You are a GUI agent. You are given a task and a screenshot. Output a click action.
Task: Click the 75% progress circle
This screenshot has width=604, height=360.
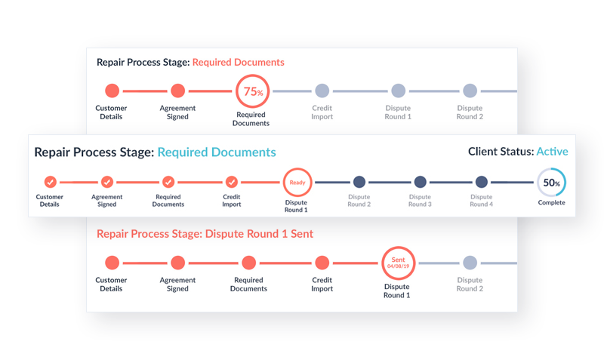(x=253, y=92)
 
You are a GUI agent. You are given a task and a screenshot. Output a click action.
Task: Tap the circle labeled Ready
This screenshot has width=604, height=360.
(x=297, y=182)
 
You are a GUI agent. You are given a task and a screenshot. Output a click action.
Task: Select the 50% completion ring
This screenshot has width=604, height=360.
(x=551, y=182)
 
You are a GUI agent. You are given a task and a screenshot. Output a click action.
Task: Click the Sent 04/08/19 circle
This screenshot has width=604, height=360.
(x=397, y=263)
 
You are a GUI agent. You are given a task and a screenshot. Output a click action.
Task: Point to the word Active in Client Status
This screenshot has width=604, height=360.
(x=552, y=152)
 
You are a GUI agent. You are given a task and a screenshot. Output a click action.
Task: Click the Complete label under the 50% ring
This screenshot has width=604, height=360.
(x=551, y=202)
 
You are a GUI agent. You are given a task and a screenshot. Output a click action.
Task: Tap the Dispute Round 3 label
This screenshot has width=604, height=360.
(x=420, y=201)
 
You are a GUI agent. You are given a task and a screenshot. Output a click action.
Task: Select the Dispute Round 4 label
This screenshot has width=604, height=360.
(x=481, y=201)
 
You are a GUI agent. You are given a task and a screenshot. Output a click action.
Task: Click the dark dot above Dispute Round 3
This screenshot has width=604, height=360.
(x=420, y=182)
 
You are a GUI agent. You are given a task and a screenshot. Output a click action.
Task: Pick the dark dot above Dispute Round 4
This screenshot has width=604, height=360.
(x=482, y=182)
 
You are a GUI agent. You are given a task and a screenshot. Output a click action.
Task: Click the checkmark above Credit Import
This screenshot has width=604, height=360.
(x=232, y=182)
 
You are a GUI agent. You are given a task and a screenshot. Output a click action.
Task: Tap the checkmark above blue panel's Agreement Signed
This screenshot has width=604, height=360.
(x=107, y=182)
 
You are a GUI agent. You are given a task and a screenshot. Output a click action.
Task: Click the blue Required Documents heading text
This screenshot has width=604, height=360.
(x=216, y=152)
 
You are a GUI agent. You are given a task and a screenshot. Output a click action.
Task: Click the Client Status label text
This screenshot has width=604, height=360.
(x=501, y=152)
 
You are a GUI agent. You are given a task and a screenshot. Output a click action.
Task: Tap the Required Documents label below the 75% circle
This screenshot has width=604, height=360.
(x=252, y=118)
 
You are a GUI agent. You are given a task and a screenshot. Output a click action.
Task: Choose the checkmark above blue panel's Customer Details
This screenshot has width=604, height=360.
(x=50, y=182)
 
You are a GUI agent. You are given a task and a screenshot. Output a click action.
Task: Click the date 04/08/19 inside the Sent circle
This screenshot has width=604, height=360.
(x=397, y=266)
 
